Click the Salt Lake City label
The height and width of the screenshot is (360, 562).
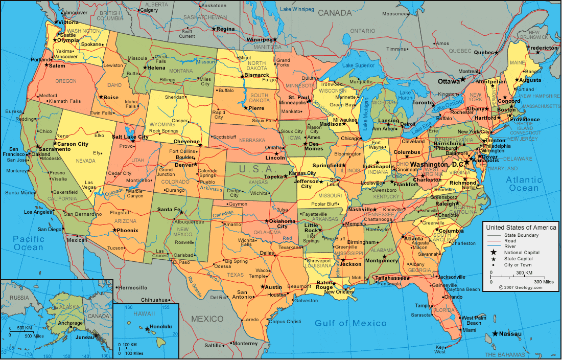click(130, 137)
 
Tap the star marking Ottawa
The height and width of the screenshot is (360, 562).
click(462, 79)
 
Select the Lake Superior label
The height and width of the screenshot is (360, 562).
click(358, 65)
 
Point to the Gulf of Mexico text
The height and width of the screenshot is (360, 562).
click(350, 323)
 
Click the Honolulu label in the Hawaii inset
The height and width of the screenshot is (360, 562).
click(161, 327)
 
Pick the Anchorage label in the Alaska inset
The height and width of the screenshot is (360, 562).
click(70, 323)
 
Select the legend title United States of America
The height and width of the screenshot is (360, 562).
click(521, 227)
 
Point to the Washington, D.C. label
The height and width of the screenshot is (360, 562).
click(437, 165)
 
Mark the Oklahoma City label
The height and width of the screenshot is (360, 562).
click(283, 223)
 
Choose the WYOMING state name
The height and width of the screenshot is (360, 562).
click(162, 124)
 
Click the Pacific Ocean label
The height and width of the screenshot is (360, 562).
click(29, 243)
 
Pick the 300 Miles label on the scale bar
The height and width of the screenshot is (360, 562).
click(544, 282)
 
